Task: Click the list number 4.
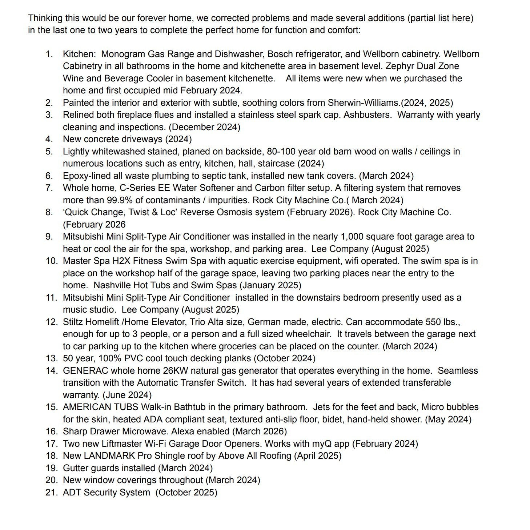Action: click(49, 139)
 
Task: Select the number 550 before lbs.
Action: click(433, 322)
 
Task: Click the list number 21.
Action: click(51, 493)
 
